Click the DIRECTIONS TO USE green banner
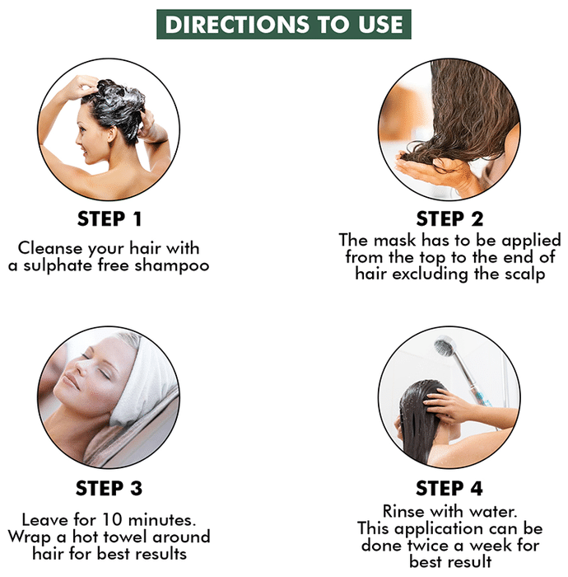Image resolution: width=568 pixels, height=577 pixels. coord(284,24)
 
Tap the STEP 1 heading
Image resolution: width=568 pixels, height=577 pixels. coord(109,219)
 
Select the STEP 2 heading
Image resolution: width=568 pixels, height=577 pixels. coord(449,219)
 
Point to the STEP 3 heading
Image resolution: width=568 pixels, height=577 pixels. coord(109,488)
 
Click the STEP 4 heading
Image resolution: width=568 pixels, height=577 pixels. coord(449,488)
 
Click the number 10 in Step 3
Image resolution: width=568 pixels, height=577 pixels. coord(112,519)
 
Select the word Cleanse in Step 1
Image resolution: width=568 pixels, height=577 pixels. coord(50,248)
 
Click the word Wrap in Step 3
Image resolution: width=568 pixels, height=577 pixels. coord(30,537)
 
